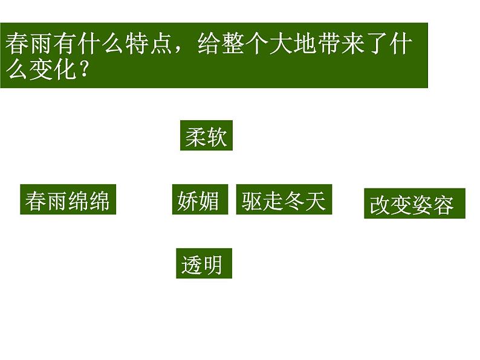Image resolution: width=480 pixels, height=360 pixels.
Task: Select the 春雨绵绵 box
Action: pyautogui.click(x=68, y=199)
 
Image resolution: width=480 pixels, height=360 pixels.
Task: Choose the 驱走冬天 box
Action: pyautogui.click(x=283, y=199)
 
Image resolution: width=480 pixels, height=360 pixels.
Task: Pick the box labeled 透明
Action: pyautogui.click(x=203, y=263)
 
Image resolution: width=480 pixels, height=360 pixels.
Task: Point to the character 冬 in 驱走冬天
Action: pyautogui.click(x=294, y=199)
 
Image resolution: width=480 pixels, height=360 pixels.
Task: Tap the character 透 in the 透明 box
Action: pyautogui.click(x=192, y=264)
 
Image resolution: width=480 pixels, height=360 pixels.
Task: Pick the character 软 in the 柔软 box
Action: pyautogui.click(x=216, y=137)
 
